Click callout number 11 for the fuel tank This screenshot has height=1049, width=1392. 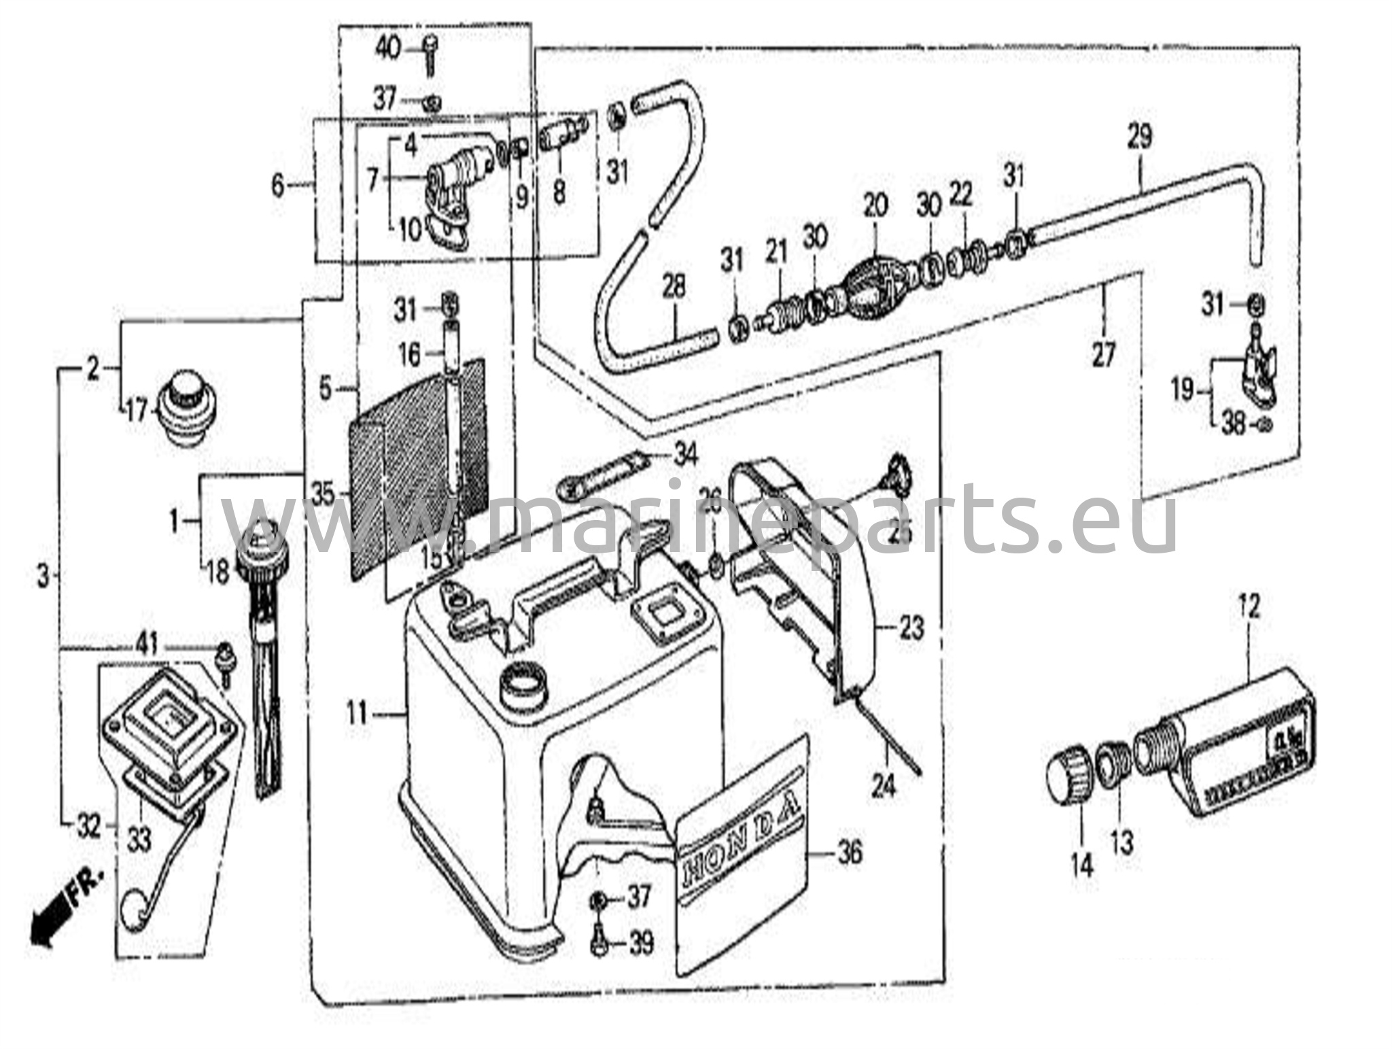[357, 714]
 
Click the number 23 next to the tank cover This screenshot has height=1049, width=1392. [911, 628]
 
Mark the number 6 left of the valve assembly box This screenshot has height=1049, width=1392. [277, 185]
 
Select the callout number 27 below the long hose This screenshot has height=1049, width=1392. [1104, 354]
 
